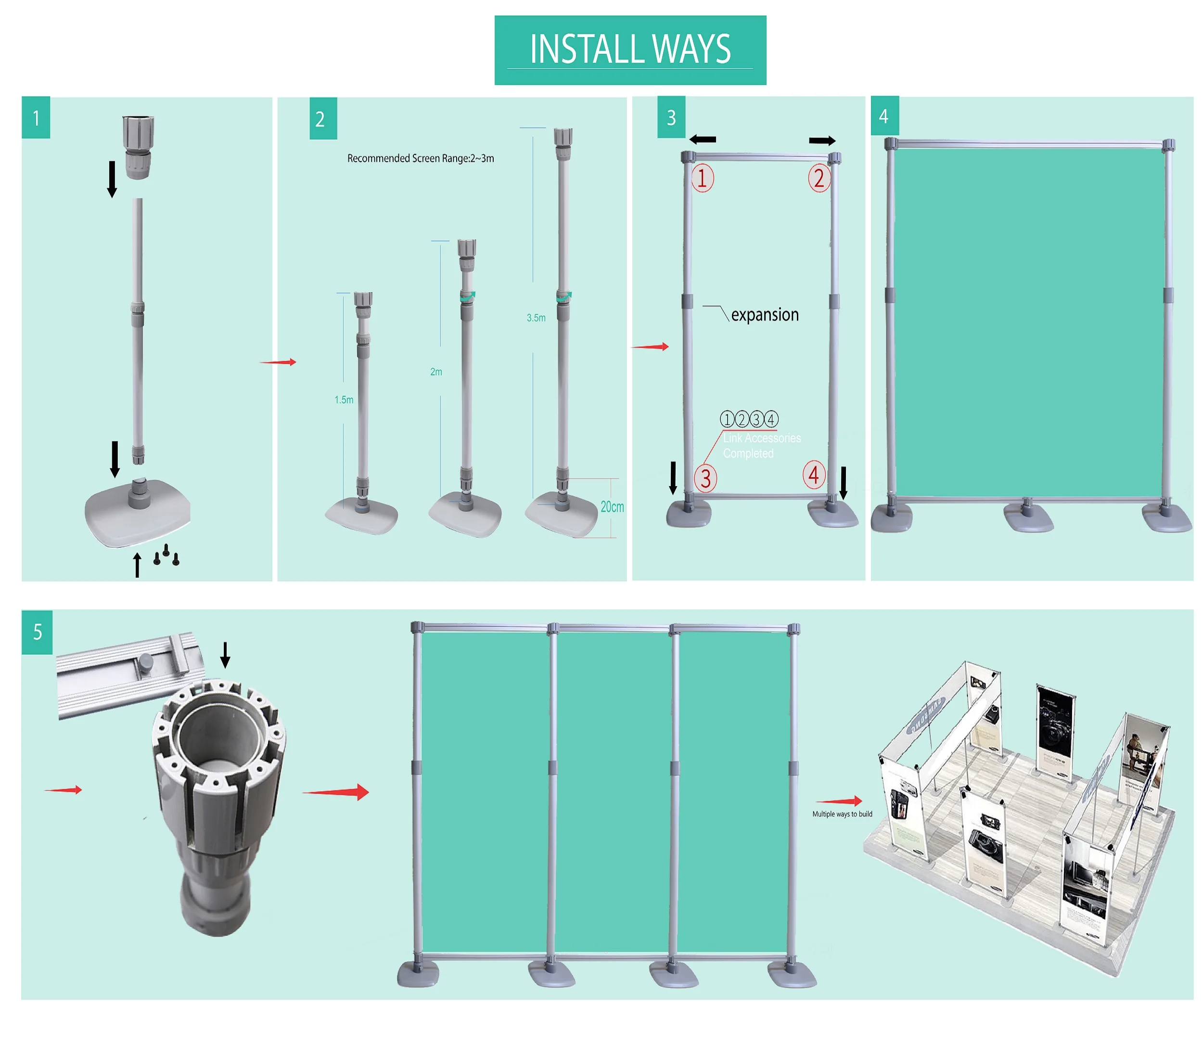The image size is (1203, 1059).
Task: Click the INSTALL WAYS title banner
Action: click(630, 50)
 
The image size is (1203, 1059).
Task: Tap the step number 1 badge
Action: click(36, 118)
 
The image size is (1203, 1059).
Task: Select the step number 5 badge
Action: click(37, 632)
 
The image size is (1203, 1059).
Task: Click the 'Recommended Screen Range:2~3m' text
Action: click(420, 158)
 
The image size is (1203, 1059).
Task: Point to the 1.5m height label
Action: click(344, 400)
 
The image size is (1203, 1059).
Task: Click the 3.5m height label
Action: click(536, 318)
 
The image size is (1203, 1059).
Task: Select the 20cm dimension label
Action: click(612, 507)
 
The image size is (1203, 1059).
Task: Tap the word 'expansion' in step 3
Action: click(765, 315)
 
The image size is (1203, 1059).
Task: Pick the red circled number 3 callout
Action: click(705, 478)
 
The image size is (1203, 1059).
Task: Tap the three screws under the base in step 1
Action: click(166, 555)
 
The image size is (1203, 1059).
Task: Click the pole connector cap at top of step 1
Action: click(138, 147)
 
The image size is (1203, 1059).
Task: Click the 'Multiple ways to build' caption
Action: click(842, 814)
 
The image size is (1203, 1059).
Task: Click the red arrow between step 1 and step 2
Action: click(279, 362)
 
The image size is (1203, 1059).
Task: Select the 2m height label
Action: click(435, 372)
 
